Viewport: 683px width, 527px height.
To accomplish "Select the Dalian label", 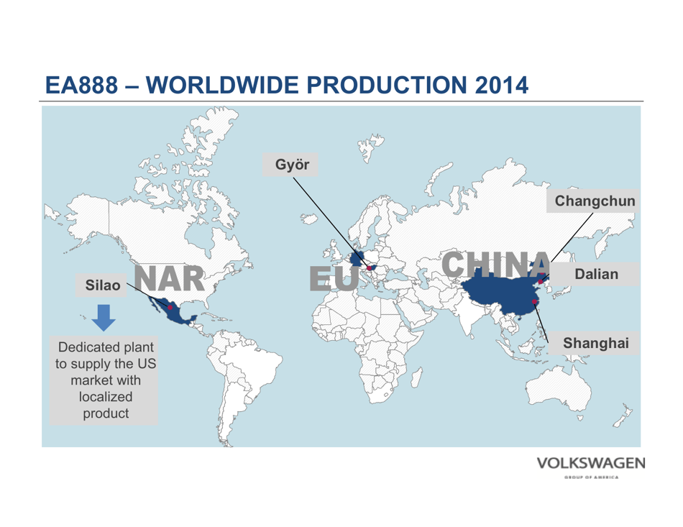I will pos(596,274).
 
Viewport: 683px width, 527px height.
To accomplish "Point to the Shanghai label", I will pos(596,343).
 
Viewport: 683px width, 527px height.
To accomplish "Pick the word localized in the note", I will pos(104,396).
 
